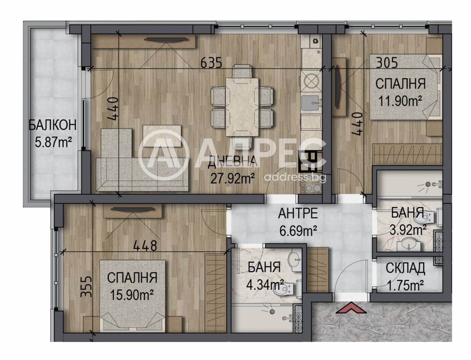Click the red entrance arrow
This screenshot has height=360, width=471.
[351, 309]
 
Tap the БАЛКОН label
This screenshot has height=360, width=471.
[53, 125]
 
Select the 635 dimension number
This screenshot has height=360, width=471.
[211, 63]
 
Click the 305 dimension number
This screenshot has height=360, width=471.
[387, 63]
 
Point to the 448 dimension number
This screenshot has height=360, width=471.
[146, 246]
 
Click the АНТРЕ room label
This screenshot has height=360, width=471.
[298, 213]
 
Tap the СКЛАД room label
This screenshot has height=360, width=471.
[405, 268]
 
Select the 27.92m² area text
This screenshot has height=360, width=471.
[233, 179]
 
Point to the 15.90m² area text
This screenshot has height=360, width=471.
[132, 296]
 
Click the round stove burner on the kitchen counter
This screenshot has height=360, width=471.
[310, 80]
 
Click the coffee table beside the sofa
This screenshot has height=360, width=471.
[162, 136]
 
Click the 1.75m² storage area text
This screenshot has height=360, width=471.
[405, 286]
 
